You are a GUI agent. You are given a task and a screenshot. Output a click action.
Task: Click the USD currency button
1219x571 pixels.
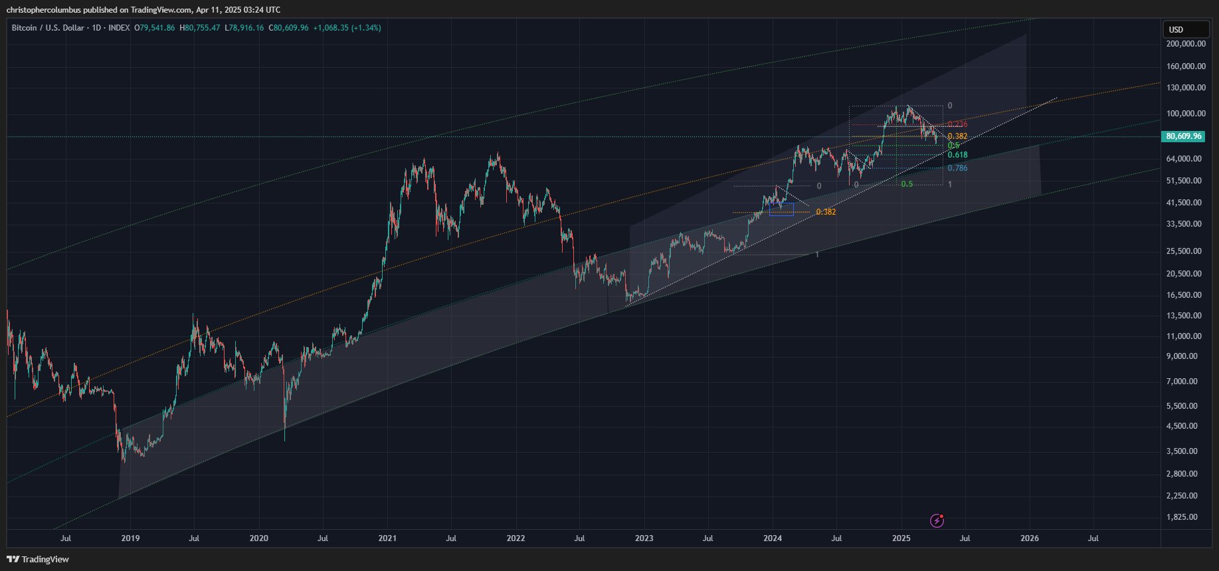[x=1185, y=29]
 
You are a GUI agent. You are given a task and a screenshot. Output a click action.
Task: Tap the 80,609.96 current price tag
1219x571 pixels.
[x=1183, y=136]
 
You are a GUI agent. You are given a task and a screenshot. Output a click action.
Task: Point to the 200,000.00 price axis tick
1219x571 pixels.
[x=1186, y=44]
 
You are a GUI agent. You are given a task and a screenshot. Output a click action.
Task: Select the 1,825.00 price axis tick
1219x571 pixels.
[x=1186, y=517]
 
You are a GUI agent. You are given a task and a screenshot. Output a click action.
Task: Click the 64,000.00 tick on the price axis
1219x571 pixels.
[x=1186, y=159]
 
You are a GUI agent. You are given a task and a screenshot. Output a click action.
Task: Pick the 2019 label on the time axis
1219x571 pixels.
[x=130, y=538]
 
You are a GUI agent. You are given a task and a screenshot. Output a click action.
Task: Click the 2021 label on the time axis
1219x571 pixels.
[x=387, y=538]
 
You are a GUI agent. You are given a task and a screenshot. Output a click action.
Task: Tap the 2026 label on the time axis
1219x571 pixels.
[x=1030, y=538]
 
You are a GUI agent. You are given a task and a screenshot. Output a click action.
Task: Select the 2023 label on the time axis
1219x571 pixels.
[x=644, y=538]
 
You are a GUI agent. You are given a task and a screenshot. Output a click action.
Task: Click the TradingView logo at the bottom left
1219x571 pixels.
[x=38, y=559]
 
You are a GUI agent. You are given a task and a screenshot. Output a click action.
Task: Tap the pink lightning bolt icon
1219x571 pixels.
[x=937, y=520]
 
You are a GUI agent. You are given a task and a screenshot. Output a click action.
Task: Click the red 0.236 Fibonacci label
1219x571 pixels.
[x=957, y=124]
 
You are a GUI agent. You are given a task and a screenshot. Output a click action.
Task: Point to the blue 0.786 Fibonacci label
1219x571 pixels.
[x=957, y=168]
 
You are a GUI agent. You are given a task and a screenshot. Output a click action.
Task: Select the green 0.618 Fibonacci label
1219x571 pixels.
[x=957, y=155]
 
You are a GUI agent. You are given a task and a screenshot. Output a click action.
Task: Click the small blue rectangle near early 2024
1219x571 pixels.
[x=781, y=209]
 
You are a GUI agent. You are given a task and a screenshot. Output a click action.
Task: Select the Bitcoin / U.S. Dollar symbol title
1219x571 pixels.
[x=48, y=28]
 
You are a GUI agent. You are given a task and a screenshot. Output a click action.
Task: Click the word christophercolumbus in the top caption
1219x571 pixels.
[x=43, y=10]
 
